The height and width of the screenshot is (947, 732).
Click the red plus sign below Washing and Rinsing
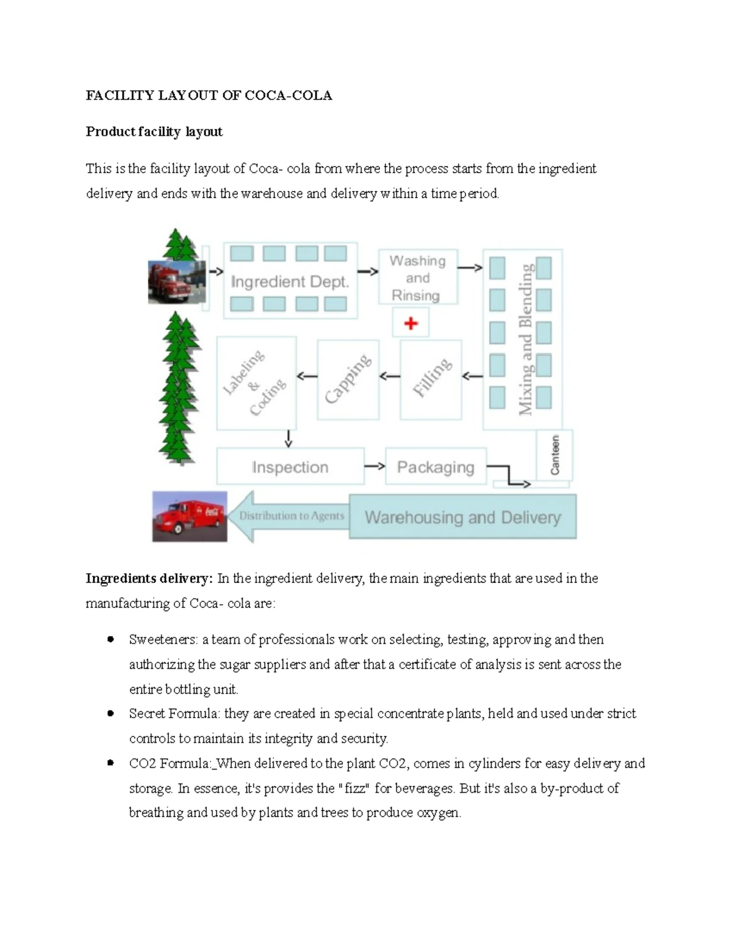click(x=411, y=323)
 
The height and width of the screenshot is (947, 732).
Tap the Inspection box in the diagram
click(x=290, y=467)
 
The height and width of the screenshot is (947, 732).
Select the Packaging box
click(x=436, y=467)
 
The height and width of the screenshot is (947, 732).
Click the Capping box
click(x=348, y=379)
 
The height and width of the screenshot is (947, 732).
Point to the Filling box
click(x=431, y=379)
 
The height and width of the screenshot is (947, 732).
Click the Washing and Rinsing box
click(x=418, y=278)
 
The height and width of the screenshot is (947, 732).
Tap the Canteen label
click(x=554, y=455)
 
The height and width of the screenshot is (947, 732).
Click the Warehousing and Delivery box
click(x=462, y=517)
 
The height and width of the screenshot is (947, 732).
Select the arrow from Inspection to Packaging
click(x=375, y=466)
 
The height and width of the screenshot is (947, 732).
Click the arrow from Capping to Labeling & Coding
click(x=307, y=376)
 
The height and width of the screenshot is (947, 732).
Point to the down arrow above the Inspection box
click(x=288, y=438)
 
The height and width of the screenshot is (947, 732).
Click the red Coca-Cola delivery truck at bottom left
click(x=190, y=516)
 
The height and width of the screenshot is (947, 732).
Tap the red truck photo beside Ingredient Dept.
click(x=176, y=282)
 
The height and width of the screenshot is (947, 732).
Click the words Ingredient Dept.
click(x=290, y=282)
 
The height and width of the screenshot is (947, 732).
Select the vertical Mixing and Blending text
click(x=525, y=339)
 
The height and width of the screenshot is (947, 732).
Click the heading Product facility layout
click(x=154, y=132)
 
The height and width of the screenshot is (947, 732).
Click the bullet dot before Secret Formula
click(x=110, y=713)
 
